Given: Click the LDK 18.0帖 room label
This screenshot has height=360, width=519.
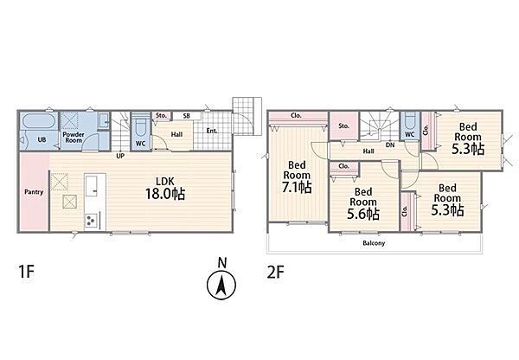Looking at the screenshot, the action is pyautogui.click(x=165, y=188).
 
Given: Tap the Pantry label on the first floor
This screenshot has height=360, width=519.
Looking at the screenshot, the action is pyautogui.click(x=34, y=192).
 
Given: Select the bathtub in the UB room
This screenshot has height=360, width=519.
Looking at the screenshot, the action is pyautogui.click(x=39, y=121).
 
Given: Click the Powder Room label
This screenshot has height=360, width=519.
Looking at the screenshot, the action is pyautogui.click(x=74, y=138).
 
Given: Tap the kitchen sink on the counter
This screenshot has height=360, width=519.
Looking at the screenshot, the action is pyautogui.click(x=91, y=186).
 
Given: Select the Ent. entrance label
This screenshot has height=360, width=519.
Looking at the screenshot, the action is pyautogui.click(x=212, y=131).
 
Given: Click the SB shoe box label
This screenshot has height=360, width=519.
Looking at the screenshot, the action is pyautogui.click(x=186, y=116).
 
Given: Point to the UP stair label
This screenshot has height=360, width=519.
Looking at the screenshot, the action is pyautogui.click(x=120, y=155).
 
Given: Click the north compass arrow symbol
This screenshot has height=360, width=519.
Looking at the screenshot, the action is pyautogui.click(x=221, y=285).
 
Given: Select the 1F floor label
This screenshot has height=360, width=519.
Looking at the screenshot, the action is pyautogui.click(x=26, y=272).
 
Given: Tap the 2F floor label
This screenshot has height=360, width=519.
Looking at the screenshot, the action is pyautogui.click(x=275, y=273).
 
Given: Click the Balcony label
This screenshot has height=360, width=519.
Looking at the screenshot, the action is pyautogui.click(x=374, y=243).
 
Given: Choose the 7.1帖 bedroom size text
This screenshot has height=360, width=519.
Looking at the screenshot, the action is pyautogui.click(x=297, y=188).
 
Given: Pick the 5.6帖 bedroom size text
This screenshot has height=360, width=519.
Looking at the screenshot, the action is pyautogui.click(x=363, y=215).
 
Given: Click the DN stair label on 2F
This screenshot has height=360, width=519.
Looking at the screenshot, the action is pyautogui.click(x=390, y=145).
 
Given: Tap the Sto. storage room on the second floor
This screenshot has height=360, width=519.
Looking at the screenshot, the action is pyautogui.click(x=344, y=125).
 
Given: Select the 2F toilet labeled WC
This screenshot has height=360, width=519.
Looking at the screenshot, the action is pyautogui.click(x=410, y=125).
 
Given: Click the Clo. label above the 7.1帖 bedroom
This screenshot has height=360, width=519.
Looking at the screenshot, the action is pyautogui.click(x=296, y=116).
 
